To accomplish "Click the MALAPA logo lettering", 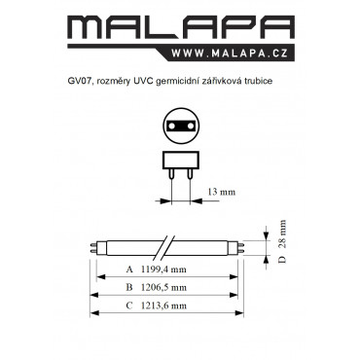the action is (x=181, y=28).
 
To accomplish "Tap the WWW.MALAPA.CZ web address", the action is (x=230, y=53).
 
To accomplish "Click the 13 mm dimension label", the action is (x=222, y=192).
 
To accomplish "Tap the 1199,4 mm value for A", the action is (x=163, y=270).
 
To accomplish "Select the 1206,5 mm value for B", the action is (x=163, y=288).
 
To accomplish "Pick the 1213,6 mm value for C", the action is (x=163, y=306).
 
